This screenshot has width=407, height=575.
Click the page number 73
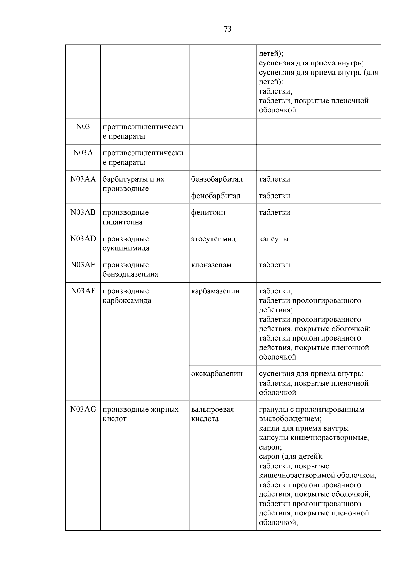click(x=228, y=29)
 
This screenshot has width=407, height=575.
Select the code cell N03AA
click(x=83, y=179)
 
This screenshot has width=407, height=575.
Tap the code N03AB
click(x=83, y=212)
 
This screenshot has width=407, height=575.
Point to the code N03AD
click(x=83, y=239)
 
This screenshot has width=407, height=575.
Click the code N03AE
click(x=83, y=265)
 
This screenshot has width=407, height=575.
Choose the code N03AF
click(x=83, y=291)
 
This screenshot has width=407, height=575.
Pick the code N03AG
click(x=83, y=409)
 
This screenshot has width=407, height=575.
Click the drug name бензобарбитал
click(x=217, y=179)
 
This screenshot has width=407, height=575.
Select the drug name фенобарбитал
click(x=216, y=196)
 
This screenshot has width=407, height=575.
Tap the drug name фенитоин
click(x=208, y=212)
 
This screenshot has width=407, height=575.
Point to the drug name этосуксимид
click(x=213, y=239)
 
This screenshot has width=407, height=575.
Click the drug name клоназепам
click(x=211, y=265)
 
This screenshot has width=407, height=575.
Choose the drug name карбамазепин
click(x=215, y=291)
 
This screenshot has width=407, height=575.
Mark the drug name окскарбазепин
click(x=217, y=374)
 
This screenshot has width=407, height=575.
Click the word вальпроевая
click(x=212, y=409)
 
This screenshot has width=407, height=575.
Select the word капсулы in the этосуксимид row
click(x=273, y=239)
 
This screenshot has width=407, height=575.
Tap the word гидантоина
click(x=122, y=222)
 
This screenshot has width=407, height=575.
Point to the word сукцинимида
click(x=126, y=248)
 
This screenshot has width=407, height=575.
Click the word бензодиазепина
click(x=130, y=274)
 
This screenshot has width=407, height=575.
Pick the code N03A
click(x=83, y=153)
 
